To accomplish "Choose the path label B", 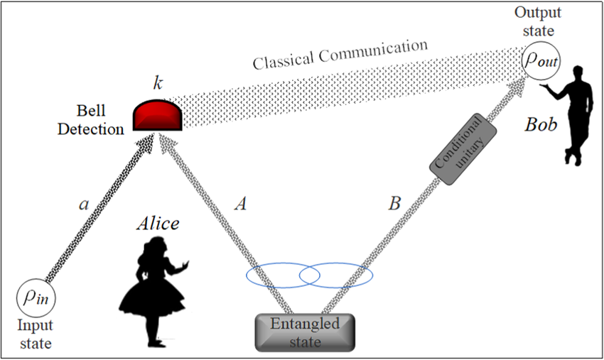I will pyautogui.click(x=393, y=204).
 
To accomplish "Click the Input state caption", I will pyautogui.click(x=34, y=337).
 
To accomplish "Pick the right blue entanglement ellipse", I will pyautogui.click(x=335, y=276).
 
